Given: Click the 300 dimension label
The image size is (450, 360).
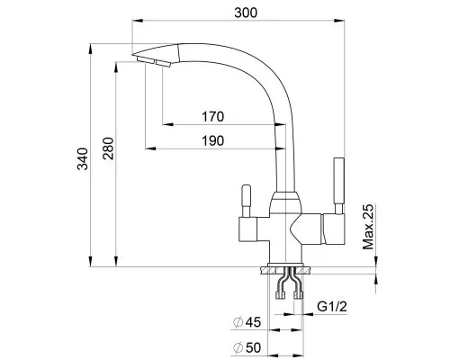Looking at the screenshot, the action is pyautogui.click(x=246, y=13).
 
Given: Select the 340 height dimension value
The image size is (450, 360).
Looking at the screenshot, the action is pyautogui.click(x=83, y=159).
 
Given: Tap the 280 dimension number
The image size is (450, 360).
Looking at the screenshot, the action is pyautogui.click(x=108, y=148).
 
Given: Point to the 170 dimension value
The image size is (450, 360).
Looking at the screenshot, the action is pyautogui.click(x=212, y=117).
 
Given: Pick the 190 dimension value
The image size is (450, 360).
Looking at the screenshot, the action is pyautogui.click(x=212, y=140).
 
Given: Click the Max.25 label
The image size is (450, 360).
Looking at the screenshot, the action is pyautogui.click(x=368, y=227).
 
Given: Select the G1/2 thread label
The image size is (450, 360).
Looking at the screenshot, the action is pyautogui.click(x=332, y=307).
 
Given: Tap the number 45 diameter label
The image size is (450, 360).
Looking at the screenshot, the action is pyautogui.click(x=253, y=322).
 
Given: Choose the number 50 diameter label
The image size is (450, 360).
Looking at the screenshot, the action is pyautogui.click(x=253, y=347).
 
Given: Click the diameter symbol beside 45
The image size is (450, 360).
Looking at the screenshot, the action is pyautogui.click(x=238, y=322).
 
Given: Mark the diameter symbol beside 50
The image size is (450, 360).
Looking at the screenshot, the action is pyautogui.click(x=238, y=348).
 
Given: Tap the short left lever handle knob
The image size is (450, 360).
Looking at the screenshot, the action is pyautogui.click(x=247, y=195).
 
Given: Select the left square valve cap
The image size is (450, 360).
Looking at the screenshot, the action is pyautogui.click(x=247, y=229).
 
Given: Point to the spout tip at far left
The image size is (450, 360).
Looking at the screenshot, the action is pyautogui.click(x=132, y=55).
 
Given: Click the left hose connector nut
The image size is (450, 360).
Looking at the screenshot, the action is pyautogui.click(x=280, y=295).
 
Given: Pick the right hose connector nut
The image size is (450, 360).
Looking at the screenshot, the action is pyautogui.click(x=299, y=295).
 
